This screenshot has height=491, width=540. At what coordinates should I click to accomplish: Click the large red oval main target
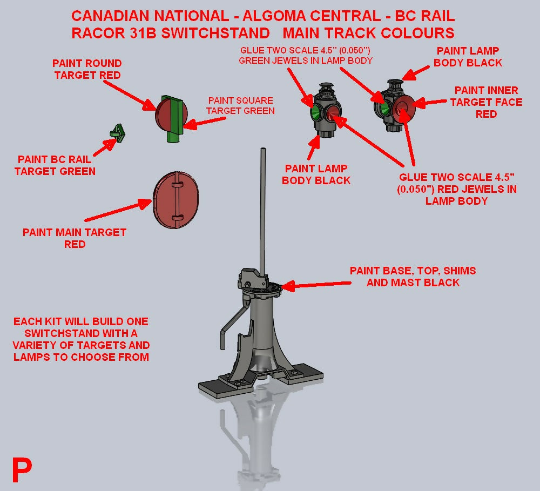pyautogui.click(x=176, y=199)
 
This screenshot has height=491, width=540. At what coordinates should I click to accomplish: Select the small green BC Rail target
pyautogui.click(x=117, y=131)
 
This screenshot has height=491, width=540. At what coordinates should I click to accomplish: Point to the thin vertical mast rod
pyautogui.click(x=262, y=211)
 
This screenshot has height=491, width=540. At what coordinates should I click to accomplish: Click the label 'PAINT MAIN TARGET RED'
pyautogui.click(x=75, y=238)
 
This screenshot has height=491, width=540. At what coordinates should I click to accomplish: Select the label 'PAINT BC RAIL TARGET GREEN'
pyautogui.click(x=55, y=165)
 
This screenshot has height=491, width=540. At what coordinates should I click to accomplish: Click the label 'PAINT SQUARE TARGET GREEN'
pyautogui.click(x=241, y=106)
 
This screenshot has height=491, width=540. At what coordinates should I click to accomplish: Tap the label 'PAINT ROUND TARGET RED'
pyautogui.click(x=87, y=69)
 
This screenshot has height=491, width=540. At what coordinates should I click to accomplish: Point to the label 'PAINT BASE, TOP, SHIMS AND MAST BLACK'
pyautogui.click(x=413, y=276)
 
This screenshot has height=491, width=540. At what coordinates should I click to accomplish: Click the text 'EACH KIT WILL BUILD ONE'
pyautogui.click(x=81, y=321)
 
